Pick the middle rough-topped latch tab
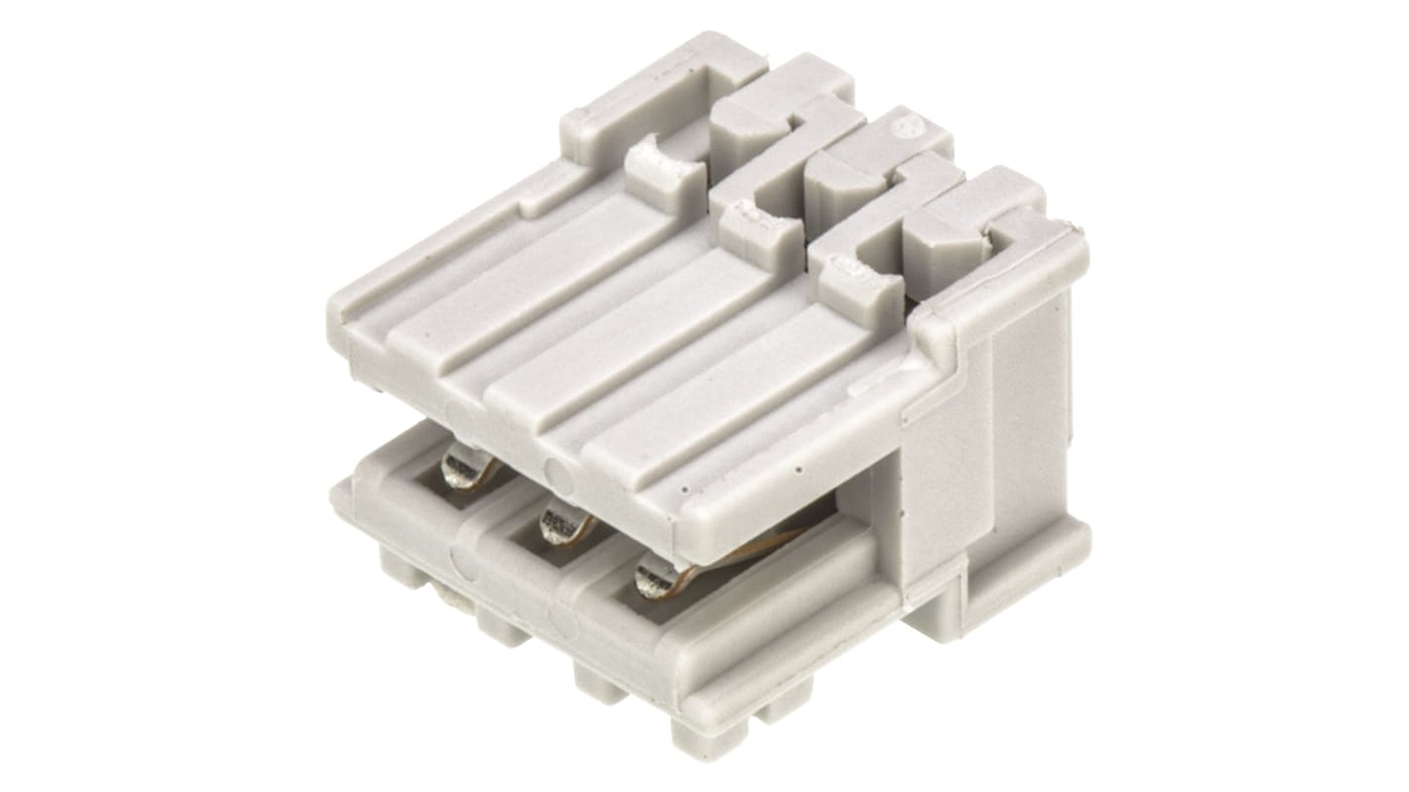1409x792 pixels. (757, 222)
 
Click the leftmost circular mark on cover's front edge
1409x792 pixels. (458, 415)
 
